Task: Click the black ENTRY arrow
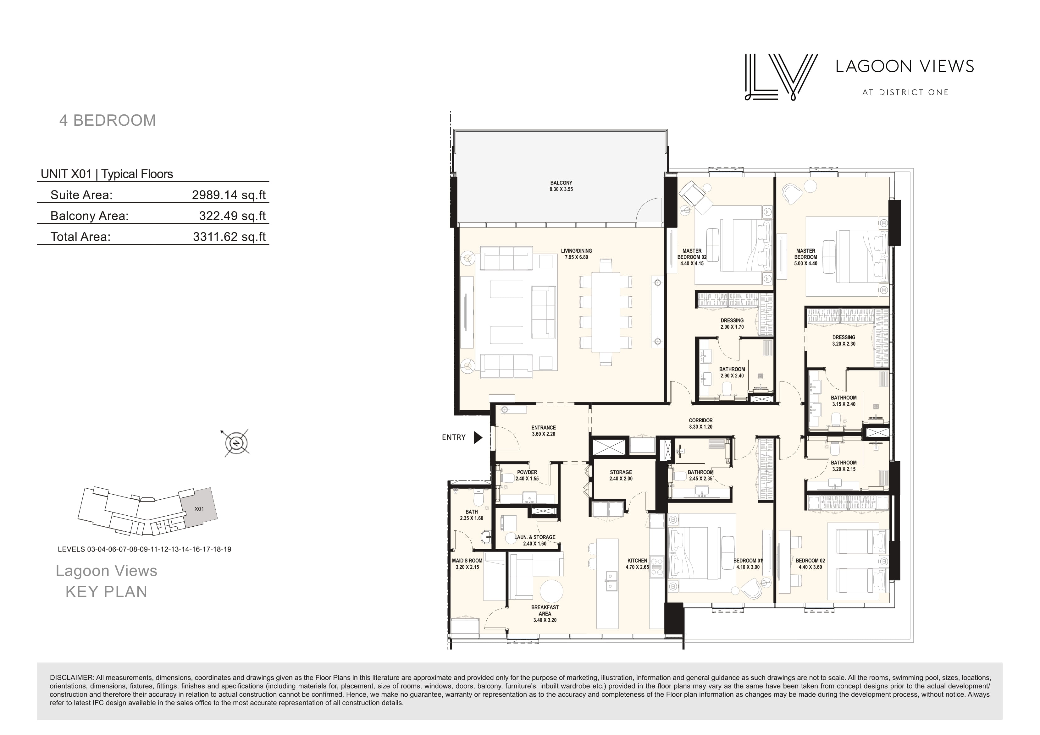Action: [x=478, y=437]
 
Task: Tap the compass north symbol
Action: [x=236, y=443]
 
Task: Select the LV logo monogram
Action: [x=781, y=77]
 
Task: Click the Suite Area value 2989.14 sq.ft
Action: [x=229, y=195]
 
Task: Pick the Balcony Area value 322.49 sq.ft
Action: [x=232, y=216]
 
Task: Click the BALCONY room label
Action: [x=561, y=186]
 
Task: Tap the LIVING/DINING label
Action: [x=576, y=254]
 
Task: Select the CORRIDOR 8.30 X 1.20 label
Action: [x=701, y=423]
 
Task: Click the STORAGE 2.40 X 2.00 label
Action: [x=621, y=475]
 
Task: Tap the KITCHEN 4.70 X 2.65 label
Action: [x=637, y=563]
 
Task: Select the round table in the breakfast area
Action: [x=551, y=591]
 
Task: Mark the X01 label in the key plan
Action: [x=199, y=509]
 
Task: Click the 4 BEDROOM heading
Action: [x=108, y=120]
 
